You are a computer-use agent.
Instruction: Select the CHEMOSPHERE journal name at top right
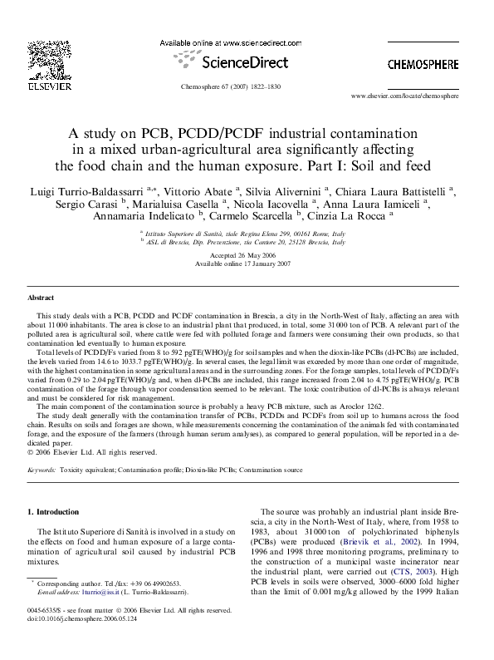point(423,64)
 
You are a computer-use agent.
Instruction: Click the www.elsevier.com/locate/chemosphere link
point(416,96)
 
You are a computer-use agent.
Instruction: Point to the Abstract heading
point(41,297)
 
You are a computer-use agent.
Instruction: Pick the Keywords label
point(43,470)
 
